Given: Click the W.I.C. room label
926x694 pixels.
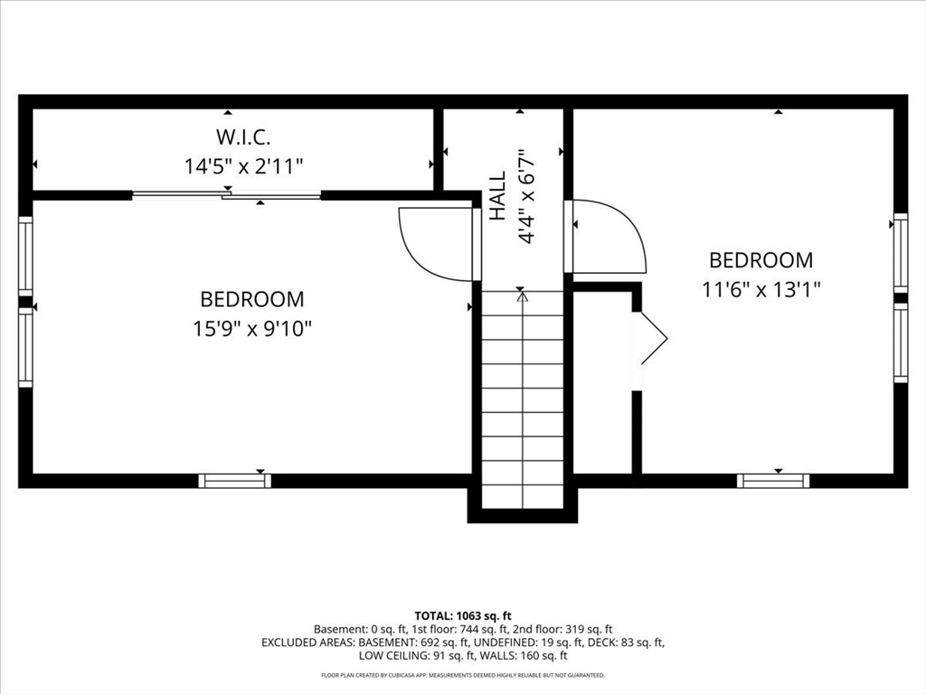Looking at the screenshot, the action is click(x=243, y=137).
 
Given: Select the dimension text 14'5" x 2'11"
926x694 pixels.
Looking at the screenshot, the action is click(x=243, y=166).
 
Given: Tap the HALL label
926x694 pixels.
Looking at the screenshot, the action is click(x=498, y=195).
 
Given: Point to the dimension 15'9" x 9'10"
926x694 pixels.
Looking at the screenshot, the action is click(x=252, y=328).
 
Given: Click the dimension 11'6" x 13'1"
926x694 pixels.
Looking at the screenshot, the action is click(x=761, y=289).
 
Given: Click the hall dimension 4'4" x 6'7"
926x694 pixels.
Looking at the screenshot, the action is click(x=527, y=195).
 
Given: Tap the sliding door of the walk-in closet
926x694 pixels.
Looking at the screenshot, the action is click(x=226, y=194).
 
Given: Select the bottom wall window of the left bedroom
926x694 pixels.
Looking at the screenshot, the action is click(x=234, y=481).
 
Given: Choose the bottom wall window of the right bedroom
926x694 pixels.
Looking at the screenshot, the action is click(x=773, y=481).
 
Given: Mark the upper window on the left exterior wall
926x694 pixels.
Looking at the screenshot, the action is click(x=25, y=256).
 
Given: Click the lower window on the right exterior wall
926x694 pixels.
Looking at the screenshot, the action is click(x=900, y=343).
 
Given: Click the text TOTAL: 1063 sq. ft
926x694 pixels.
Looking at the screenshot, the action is click(x=463, y=616).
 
